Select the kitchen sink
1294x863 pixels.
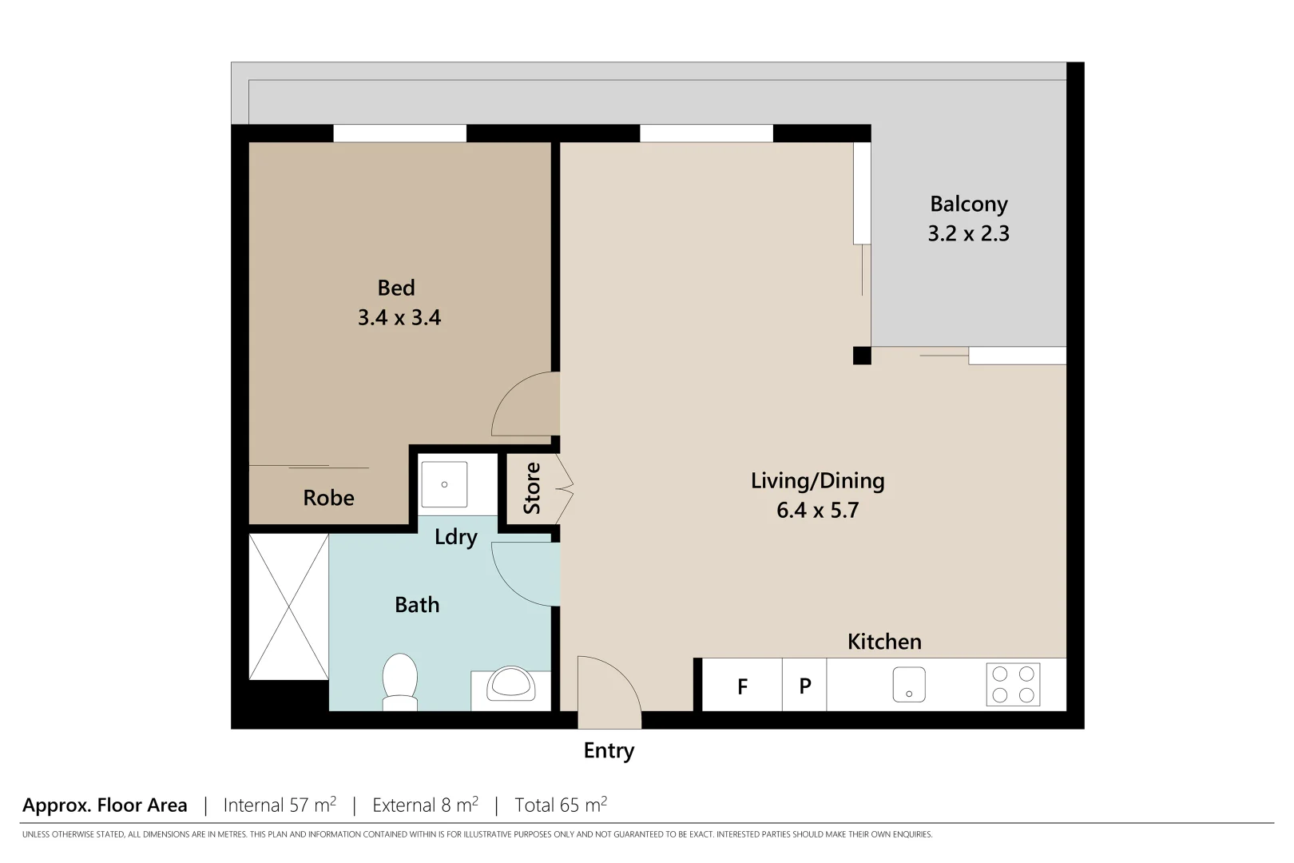(x=908, y=685)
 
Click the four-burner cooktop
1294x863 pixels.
(x=1013, y=685)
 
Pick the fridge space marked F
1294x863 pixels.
(x=742, y=686)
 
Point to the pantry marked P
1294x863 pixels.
(x=804, y=686)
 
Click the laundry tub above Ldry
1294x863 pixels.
(x=444, y=484)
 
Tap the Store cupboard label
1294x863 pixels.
(x=532, y=488)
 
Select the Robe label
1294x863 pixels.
(x=328, y=498)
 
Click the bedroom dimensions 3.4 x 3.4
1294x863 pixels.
(x=399, y=318)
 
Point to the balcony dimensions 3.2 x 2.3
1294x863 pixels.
(x=968, y=234)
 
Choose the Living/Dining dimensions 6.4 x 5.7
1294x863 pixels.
(x=817, y=511)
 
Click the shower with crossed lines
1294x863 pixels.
(x=288, y=606)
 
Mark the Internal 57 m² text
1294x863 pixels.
(x=280, y=805)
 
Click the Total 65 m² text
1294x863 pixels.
(x=561, y=805)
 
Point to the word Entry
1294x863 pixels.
(x=609, y=750)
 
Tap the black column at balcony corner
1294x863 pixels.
(x=861, y=356)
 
